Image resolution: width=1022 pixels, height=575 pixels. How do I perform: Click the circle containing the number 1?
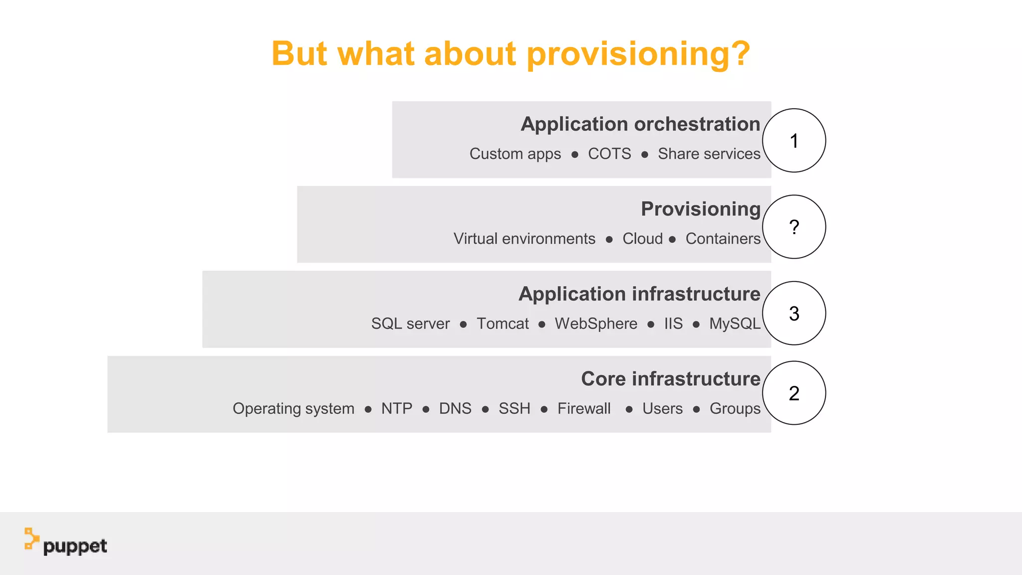click(x=794, y=141)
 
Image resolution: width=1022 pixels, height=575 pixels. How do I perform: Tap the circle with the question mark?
click(x=794, y=227)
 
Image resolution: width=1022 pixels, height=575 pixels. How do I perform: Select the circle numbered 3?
click(x=794, y=313)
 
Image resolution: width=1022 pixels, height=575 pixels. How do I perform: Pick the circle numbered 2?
click(x=794, y=393)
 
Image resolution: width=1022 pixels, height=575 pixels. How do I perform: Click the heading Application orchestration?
click(x=640, y=124)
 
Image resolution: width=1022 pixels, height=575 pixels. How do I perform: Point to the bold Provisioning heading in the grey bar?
click(x=701, y=209)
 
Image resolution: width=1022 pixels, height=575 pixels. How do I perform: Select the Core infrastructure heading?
click(x=671, y=379)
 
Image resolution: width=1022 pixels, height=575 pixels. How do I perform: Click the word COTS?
click(x=609, y=154)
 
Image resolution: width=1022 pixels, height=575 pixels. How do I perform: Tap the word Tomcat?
click(x=503, y=323)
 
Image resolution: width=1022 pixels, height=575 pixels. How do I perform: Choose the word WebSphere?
click(x=596, y=323)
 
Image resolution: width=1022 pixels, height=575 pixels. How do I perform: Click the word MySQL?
click(x=735, y=323)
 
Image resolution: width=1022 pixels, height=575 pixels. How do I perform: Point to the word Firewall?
click(x=584, y=408)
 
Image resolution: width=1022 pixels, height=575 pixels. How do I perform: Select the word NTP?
click(x=397, y=408)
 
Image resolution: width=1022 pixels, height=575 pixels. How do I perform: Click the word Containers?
click(x=723, y=239)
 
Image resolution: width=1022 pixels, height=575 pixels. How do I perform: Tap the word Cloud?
click(x=642, y=239)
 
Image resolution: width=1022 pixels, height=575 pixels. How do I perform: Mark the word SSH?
click(x=514, y=408)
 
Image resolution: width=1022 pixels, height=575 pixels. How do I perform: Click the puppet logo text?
click(x=75, y=547)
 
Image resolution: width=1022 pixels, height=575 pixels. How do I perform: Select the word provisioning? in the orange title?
click(x=638, y=54)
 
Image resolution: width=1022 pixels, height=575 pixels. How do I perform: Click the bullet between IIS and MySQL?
click(x=696, y=324)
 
